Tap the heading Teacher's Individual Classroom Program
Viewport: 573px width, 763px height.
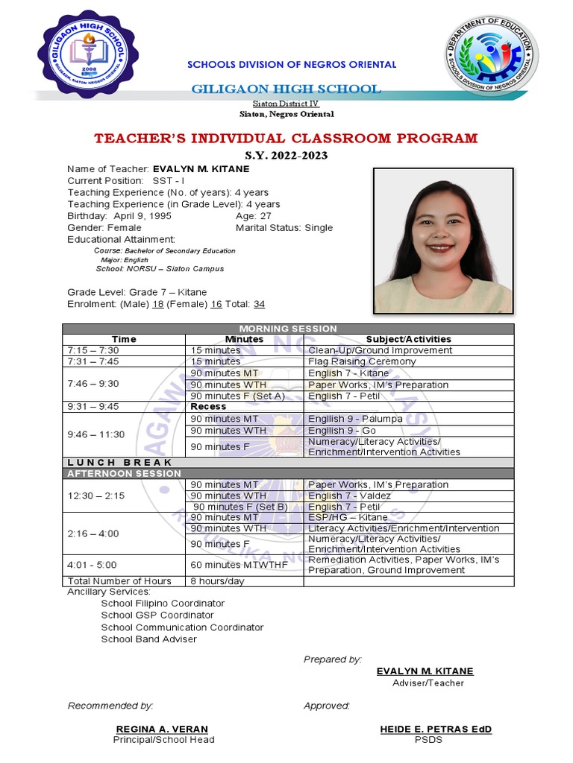click(x=286, y=139)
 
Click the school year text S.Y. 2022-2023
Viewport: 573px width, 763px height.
click(x=286, y=156)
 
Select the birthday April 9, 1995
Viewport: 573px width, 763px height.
click(x=140, y=216)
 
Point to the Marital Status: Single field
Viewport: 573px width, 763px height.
click(x=284, y=228)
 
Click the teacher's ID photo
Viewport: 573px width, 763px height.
click(x=442, y=241)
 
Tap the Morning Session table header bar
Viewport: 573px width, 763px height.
click(x=287, y=329)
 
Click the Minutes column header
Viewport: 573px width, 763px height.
click(x=244, y=339)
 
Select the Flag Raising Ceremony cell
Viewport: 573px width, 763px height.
click(x=362, y=361)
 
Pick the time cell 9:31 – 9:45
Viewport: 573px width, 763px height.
click(x=93, y=407)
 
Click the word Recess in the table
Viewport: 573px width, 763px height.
click(x=208, y=407)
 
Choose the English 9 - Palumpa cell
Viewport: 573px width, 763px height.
click(x=355, y=419)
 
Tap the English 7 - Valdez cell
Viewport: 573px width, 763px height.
click(x=349, y=496)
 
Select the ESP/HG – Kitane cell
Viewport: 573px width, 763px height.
click(x=348, y=517)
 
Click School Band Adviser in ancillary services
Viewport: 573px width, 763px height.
click(x=149, y=639)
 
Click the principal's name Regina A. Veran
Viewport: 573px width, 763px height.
click(x=162, y=729)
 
